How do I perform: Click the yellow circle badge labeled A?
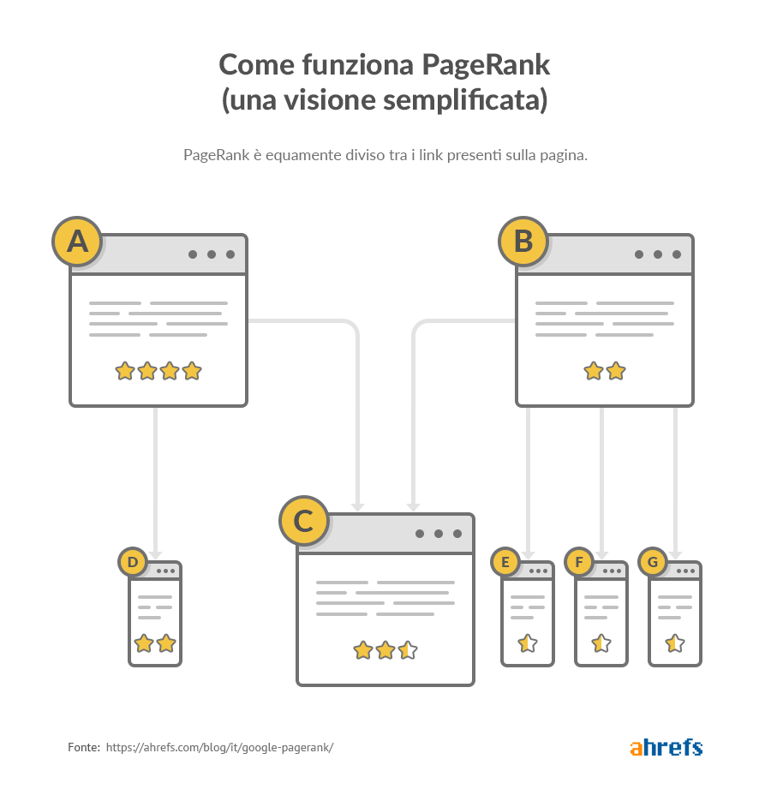[x=77, y=242]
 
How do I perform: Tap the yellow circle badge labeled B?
[x=523, y=242]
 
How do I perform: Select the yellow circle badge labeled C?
[x=303, y=521]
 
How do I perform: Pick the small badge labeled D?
[x=133, y=561]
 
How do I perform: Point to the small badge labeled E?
[x=505, y=561]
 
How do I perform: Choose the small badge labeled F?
[x=579, y=561]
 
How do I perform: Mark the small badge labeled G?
[x=653, y=561]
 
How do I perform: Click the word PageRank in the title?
[x=486, y=65]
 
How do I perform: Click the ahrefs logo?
[x=666, y=747]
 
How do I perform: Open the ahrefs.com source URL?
[x=220, y=748]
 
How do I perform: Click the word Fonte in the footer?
[x=84, y=747]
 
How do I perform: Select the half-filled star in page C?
[x=408, y=650]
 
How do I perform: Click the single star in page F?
[x=601, y=643]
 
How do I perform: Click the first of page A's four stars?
[x=124, y=371]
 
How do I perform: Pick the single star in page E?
[x=528, y=643]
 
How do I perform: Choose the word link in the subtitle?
[x=431, y=155]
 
